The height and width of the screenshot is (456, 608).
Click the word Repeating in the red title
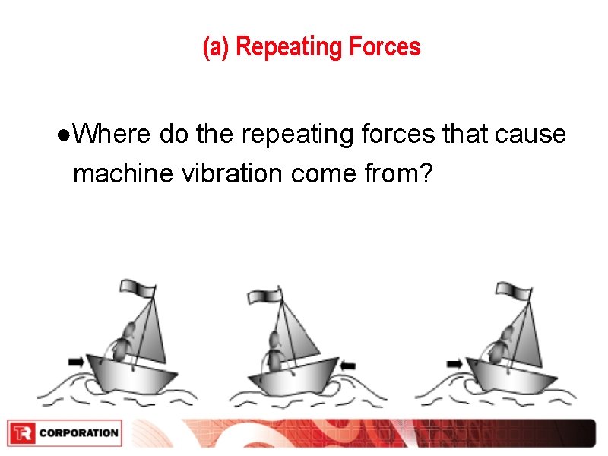coord(278,47)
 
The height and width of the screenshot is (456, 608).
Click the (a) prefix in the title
coord(217,47)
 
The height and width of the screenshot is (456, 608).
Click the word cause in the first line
coord(530,135)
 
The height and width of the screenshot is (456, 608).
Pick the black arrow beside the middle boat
coord(349,366)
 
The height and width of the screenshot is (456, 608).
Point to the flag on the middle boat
coord(267,295)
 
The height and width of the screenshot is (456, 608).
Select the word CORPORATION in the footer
coord(78,433)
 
